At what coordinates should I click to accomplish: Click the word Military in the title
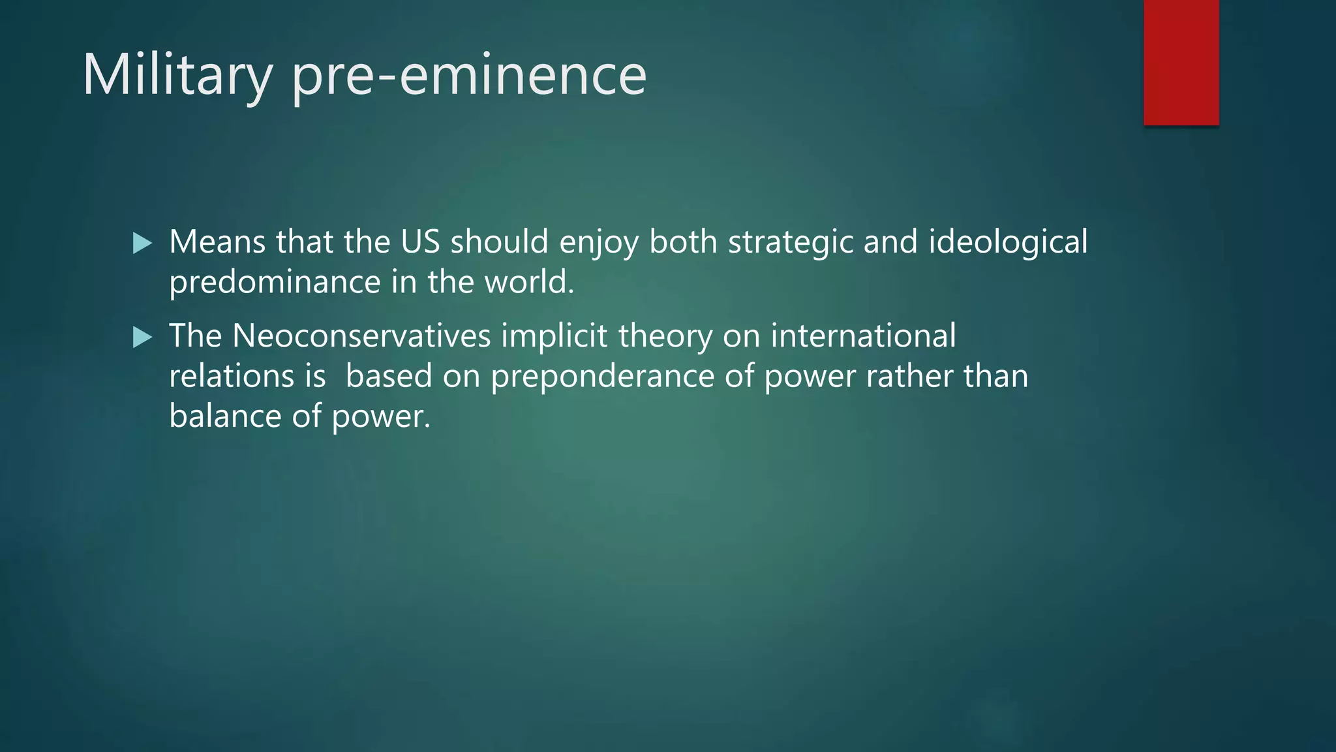[x=177, y=75]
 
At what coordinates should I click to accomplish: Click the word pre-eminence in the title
[x=468, y=75]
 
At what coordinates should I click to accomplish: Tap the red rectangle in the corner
[x=1181, y=62]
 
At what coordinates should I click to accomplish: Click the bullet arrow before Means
[x=142, y=243]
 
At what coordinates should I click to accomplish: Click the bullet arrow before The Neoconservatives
[x=142, y=337]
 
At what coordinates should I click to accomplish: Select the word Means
[x=217, y=242]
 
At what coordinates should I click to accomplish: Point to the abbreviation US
[x=420, y=242]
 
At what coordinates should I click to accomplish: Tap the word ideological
[x=1008, y=243]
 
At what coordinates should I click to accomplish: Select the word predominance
[x=275, y=283]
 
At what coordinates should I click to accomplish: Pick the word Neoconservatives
[x=361, y=336]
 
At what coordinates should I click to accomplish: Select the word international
[x=862, y=336]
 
